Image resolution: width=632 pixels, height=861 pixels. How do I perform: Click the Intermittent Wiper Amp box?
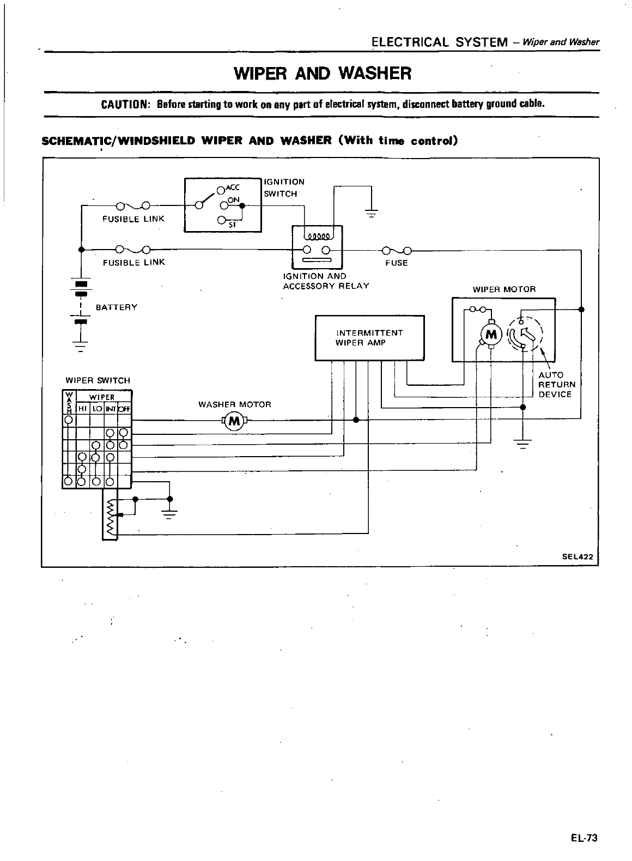click(369, 338)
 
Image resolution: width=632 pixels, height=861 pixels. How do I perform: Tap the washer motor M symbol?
click(235, 420)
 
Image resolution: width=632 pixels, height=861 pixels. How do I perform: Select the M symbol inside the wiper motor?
click(491, 334)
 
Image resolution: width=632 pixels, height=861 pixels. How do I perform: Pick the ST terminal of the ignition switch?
click(221, 221)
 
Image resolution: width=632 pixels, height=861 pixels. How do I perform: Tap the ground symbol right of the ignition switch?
click(372, 213)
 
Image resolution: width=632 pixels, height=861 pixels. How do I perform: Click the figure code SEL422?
click(577, 557)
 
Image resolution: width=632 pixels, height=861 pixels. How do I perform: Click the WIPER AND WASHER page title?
click(322, 73)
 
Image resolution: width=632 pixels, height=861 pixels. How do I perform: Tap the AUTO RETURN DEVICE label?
click(556, 385)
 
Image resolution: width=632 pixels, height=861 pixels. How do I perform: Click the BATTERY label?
click(117, 307)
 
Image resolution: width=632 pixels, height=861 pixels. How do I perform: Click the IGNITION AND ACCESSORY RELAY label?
click(326, 281)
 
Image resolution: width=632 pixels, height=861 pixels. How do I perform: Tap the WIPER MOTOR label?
click(504, 289)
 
